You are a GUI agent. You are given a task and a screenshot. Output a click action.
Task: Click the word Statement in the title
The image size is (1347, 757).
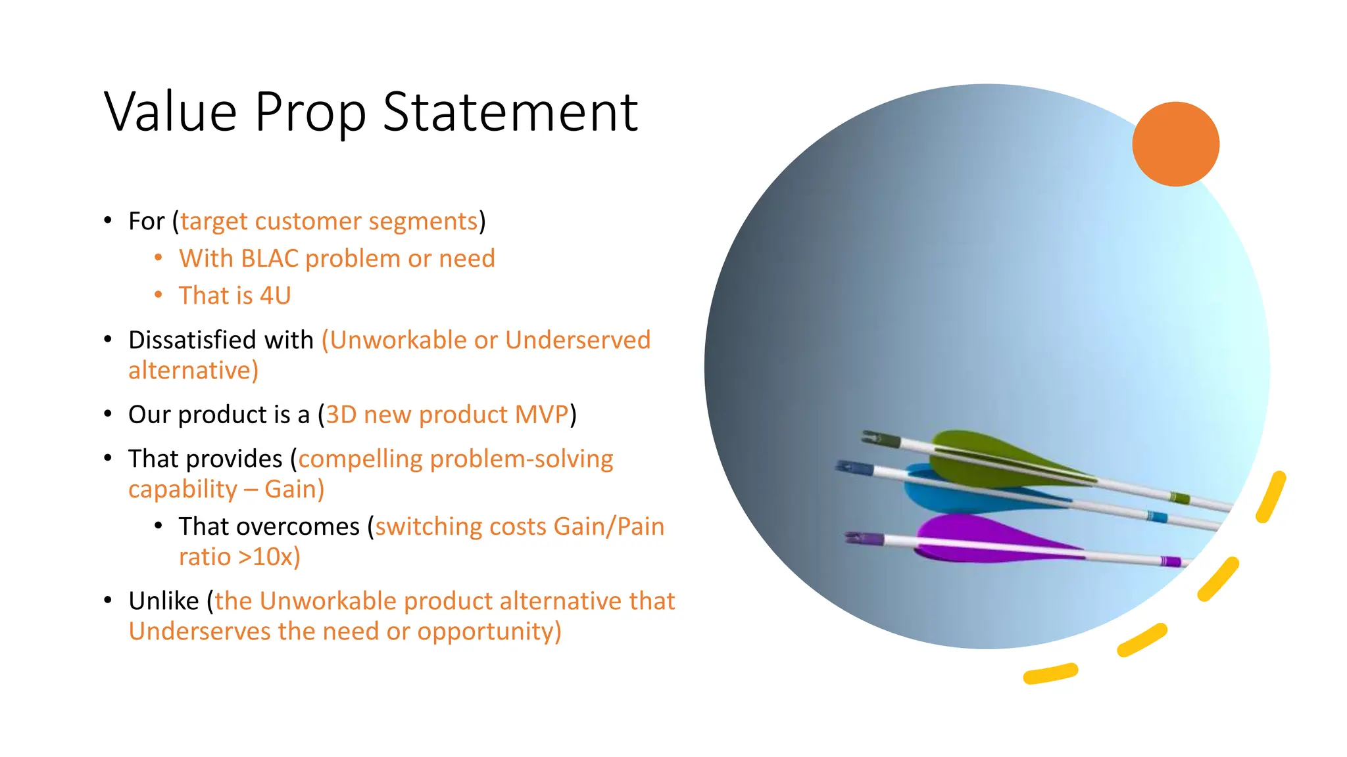[x=510, y=112]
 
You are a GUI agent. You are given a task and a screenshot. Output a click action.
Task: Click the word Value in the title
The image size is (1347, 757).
[x=170, y=112]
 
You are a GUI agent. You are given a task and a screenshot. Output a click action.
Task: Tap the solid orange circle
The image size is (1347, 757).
[x=1175, y=144]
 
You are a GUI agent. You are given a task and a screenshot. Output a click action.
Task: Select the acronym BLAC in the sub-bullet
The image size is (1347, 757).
[x=270, y=259]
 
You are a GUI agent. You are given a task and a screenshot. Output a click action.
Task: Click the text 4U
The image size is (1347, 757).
[x=275, y=296]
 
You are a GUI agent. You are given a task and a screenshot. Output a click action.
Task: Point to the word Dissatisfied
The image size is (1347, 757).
[x=193, y=340]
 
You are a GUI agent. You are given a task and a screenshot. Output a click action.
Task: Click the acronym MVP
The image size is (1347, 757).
[x=542, y=415]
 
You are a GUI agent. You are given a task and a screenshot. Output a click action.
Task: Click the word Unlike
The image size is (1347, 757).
[x=164, y=601]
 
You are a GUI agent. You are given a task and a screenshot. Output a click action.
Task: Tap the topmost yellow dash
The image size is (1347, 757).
[x=1271, y=497]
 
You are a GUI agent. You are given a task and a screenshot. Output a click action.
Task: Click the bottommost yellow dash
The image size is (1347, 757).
[x=1050, y=674]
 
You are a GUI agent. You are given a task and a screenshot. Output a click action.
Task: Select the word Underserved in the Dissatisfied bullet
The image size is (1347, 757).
[x=577, y=340]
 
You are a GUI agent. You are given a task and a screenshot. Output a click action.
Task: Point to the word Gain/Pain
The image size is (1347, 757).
[x=608, y=527]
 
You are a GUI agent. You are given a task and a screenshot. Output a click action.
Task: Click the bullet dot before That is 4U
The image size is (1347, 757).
[x=158, y=296]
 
